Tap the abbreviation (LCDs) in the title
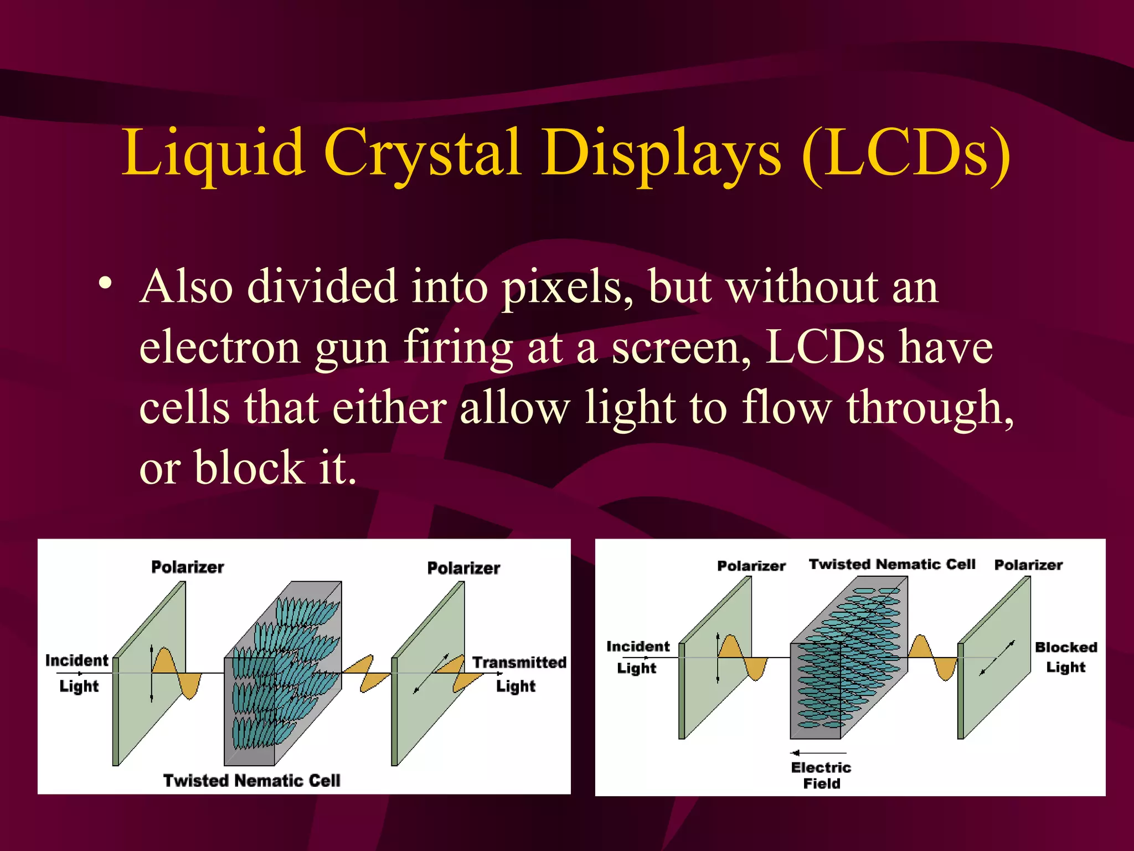906,152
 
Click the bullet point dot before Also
105,284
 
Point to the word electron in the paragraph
219,348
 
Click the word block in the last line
249,468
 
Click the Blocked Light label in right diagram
1066,657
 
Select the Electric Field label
821,775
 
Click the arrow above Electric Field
818,753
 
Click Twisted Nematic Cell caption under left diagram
251,780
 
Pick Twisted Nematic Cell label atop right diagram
891,564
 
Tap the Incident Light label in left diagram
77,673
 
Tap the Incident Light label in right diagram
637,657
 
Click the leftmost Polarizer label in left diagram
187,567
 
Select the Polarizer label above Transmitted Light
463,568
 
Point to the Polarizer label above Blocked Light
1028,565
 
